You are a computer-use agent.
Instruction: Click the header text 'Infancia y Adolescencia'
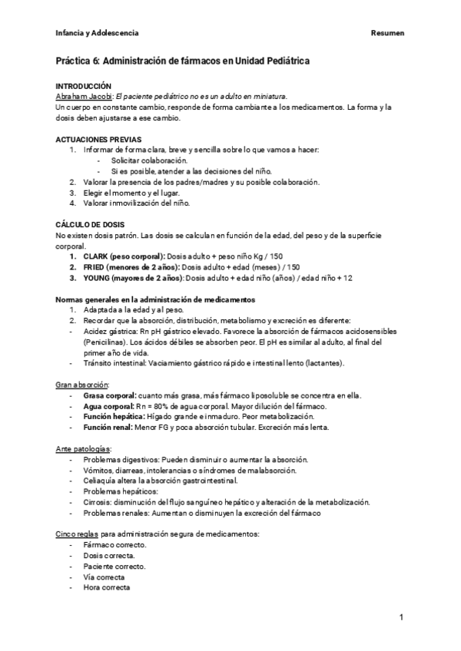(98, 33)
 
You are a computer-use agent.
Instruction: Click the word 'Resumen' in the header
(387, 33)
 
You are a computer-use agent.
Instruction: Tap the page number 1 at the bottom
(401, 617)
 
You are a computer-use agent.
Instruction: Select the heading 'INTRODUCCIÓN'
(84, 86)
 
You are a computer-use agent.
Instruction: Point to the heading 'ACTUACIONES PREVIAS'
(98, 139)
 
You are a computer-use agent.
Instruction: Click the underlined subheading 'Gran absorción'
(82, 383)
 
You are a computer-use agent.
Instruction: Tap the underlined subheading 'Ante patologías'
(84, 448)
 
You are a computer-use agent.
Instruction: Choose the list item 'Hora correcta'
(107, 587)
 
